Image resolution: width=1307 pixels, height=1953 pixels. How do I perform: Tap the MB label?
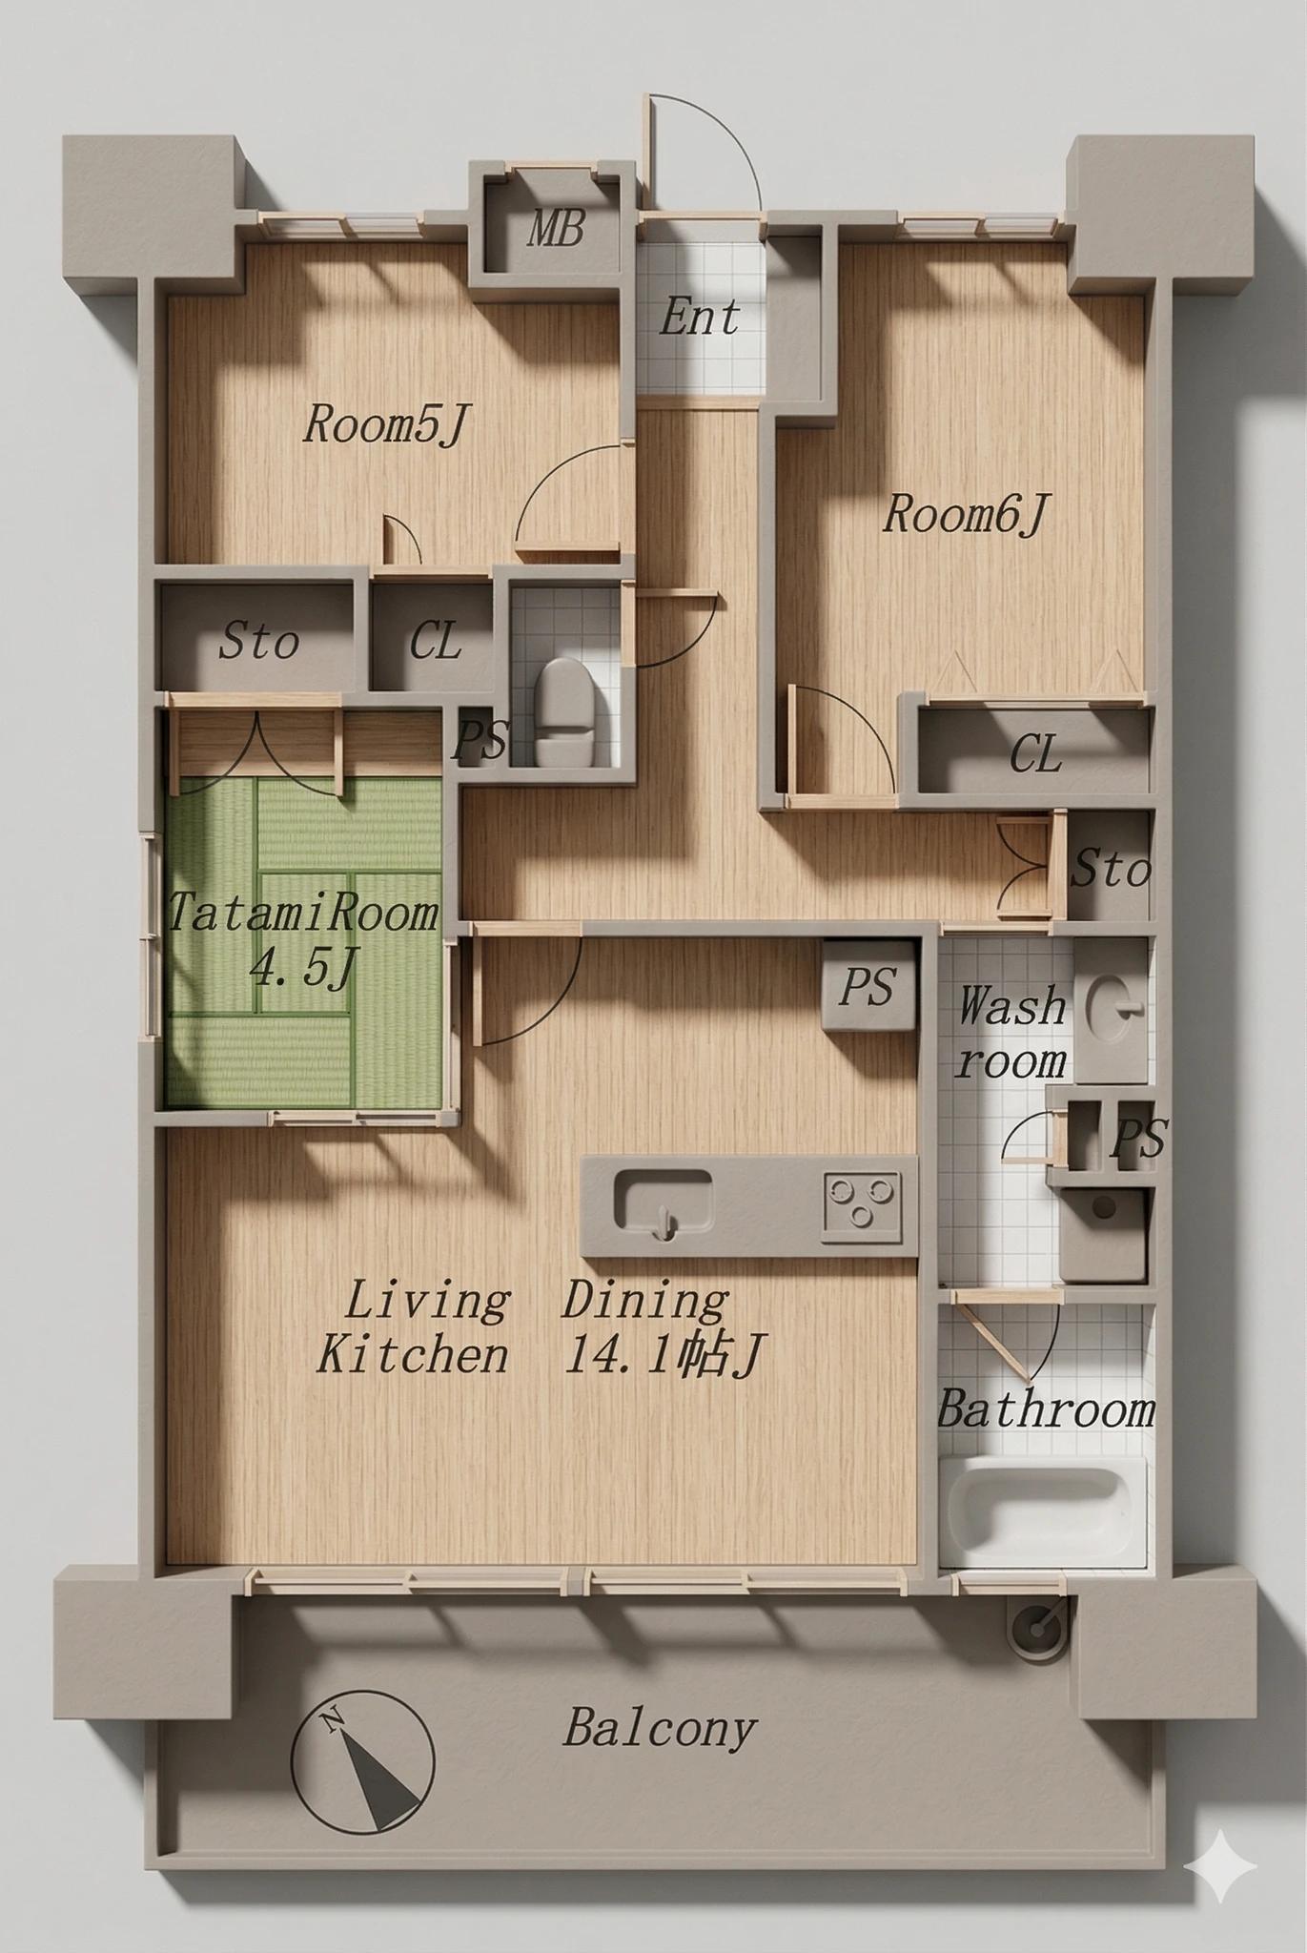click(555, 230)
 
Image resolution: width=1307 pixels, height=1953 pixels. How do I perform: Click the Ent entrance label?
click(699, 318)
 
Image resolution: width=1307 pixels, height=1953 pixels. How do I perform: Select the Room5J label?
click(387, 424)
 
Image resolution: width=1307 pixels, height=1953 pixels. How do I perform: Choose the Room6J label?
click(965, 516)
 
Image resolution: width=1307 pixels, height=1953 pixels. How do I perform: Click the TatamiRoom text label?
click(303, 914)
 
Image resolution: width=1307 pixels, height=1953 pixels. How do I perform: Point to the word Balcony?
click(660, 1728)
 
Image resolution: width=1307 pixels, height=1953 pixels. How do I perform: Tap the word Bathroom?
click(1046, 1409)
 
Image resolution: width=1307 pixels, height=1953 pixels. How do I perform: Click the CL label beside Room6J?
click(1035, 756)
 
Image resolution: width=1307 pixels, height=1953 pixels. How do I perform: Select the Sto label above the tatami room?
click(258, 642)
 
